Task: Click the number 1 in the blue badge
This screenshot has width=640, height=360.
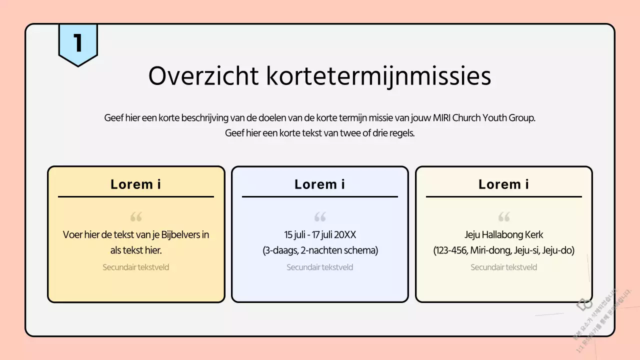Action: (78, 43)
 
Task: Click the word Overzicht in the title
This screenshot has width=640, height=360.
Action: (203, 76)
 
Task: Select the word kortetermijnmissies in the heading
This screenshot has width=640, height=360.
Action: (378, 76)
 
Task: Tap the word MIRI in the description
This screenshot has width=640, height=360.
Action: (440, 118)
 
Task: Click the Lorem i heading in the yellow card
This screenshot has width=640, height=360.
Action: (136, 184)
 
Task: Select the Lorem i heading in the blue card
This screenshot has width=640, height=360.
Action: (320, 184)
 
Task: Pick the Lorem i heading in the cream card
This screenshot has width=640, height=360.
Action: (504, 184)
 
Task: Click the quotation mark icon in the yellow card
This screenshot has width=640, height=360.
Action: (136, 217)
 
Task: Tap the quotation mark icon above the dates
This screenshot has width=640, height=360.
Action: (320, 217)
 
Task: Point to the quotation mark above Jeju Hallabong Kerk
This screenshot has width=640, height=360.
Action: (504, 217)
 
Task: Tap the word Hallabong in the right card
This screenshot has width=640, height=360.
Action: (502, 234)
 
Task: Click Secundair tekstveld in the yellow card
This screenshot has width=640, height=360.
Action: (136, 267)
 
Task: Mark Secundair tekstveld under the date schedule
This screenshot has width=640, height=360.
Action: (320, 267)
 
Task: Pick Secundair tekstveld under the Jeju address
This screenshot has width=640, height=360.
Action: (504, 267)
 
